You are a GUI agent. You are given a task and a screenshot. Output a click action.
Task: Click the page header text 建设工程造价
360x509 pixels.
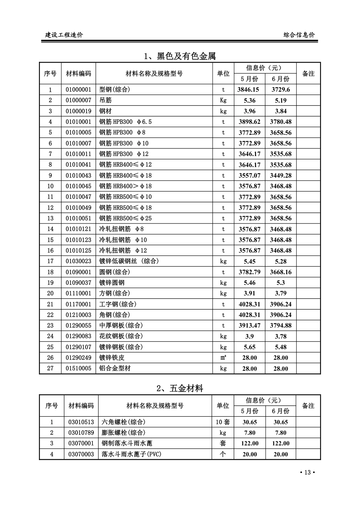64,35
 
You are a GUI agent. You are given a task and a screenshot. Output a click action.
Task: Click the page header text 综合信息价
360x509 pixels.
299,35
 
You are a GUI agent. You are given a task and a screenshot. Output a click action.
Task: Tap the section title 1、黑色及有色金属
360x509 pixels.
180,56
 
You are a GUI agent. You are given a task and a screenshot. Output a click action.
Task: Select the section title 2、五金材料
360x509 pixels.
180,388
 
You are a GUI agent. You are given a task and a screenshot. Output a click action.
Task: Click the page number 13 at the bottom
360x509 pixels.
307,472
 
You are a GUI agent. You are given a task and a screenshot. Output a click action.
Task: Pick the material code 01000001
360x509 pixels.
78,90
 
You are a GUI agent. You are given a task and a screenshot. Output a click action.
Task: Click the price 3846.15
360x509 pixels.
249,90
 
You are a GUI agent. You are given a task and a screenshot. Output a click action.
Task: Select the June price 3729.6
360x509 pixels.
280,90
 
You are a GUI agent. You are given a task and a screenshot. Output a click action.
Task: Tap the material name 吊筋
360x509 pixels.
106,100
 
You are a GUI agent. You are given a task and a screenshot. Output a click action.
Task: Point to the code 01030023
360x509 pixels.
78,261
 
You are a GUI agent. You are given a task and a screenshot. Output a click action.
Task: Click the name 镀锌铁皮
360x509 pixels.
112,358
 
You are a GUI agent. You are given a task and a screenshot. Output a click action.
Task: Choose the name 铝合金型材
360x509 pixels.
115,368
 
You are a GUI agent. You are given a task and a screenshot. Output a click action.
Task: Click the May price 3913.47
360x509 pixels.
249,325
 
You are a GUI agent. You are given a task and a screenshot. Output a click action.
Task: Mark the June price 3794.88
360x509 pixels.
280,325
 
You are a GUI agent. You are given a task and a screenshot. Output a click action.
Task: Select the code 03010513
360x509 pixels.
81,422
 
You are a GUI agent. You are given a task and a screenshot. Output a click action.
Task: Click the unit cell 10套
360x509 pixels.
223,422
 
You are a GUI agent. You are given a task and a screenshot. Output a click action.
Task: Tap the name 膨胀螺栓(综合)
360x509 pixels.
124,432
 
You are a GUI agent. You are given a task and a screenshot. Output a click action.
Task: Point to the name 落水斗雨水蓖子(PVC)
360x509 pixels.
131,454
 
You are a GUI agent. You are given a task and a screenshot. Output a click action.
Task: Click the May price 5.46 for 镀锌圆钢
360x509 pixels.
249,283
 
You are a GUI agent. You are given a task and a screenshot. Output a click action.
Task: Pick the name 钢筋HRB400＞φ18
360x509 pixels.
125,186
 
